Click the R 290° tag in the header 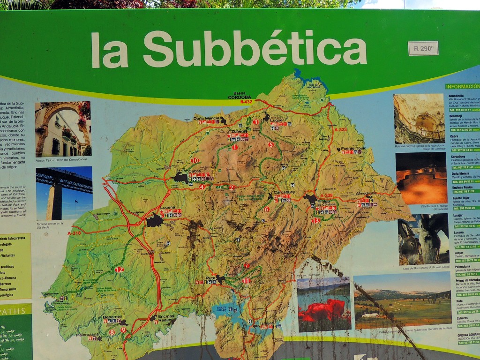423,48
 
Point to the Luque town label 277,120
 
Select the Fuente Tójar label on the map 353,149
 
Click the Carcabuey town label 282,193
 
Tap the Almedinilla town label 366,193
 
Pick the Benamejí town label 112,317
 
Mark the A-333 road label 341,129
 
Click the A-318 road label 74,233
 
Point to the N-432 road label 246,101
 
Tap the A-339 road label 326,195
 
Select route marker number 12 119,270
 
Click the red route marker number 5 271,144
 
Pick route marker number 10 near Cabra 195,160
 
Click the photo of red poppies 323,304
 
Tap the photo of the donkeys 423,239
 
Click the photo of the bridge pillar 64,193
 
